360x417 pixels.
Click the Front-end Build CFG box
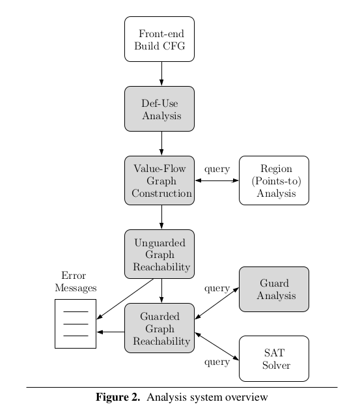[x=159, y=39]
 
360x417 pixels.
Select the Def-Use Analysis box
[x=159, y=109]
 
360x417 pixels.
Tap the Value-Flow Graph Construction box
[x=159, y=180]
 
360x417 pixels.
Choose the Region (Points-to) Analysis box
[x=274, y=180]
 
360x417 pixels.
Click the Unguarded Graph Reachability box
[x=159, y=254]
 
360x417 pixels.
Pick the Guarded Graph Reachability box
[x=159, y=328]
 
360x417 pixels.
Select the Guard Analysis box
[x=274, y=289]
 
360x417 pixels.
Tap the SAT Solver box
[x=274, y=358]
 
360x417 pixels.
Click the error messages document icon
[x=76, y=323]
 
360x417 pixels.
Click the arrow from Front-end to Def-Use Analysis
[x=161, y=74]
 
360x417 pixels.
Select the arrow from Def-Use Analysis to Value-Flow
[x=161, y=143]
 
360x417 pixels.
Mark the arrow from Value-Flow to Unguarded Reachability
[x=161, y=217]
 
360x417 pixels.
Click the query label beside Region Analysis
[x=217, y=169]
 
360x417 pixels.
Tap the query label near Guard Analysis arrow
[x=217, y=287]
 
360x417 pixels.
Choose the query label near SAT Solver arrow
[x=217, y=362]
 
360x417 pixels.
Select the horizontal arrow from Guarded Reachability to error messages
[x=111, y=332]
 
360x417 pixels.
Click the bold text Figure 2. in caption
[x=118, y=397]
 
